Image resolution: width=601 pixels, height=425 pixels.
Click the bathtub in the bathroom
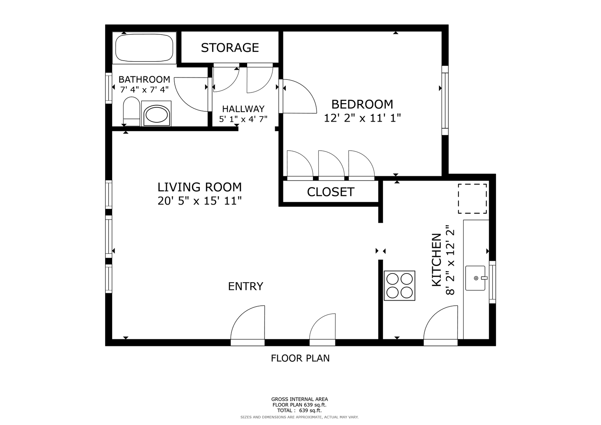(144, 48)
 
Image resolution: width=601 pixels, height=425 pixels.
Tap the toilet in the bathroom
(131, 111)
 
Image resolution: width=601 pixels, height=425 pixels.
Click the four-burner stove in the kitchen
(399, 285)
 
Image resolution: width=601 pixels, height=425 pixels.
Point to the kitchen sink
(475, 278)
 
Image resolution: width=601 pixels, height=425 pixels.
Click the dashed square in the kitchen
(472, 199)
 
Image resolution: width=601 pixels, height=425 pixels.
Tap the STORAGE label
(230, 48)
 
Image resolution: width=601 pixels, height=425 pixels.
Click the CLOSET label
(331, 192)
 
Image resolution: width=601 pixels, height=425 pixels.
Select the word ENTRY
(246, 286)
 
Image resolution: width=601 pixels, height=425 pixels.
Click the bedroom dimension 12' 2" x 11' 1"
(362, 118)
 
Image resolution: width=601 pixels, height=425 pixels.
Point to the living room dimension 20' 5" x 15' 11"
(200, 201)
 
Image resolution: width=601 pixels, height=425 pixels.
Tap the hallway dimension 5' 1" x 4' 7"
(243, 119)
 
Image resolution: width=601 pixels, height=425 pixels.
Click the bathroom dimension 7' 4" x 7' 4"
(144, 90)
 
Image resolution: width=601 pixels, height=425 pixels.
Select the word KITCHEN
(436, 260)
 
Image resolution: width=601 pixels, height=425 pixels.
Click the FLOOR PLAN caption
(300, 358)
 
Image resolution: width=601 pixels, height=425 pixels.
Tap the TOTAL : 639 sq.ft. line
(300, 410)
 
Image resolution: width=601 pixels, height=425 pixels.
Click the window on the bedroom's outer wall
(445, 100)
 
